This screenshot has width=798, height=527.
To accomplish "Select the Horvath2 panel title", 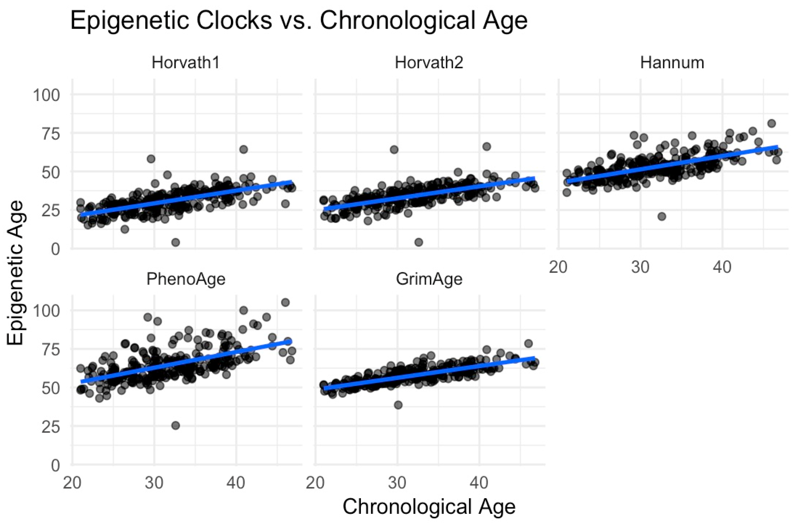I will [x=429, y=63].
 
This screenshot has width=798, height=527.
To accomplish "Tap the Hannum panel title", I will [x=672, y=63].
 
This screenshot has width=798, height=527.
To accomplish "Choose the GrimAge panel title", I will [x=429, y=279].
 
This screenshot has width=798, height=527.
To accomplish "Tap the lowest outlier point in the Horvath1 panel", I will [x=175, y=242].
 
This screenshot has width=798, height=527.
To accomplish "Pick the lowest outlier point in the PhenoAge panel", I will [x=175, y=426].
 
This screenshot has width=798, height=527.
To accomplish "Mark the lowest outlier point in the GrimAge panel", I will [x=398, y=405].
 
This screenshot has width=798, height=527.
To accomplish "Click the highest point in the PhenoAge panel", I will [x=285, y=302].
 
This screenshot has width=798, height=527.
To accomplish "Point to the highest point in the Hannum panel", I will [x=772, y=123].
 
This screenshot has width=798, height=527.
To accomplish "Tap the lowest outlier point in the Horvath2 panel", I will [x=418, y=242].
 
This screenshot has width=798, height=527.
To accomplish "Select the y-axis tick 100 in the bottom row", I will [x=46, y=311].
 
